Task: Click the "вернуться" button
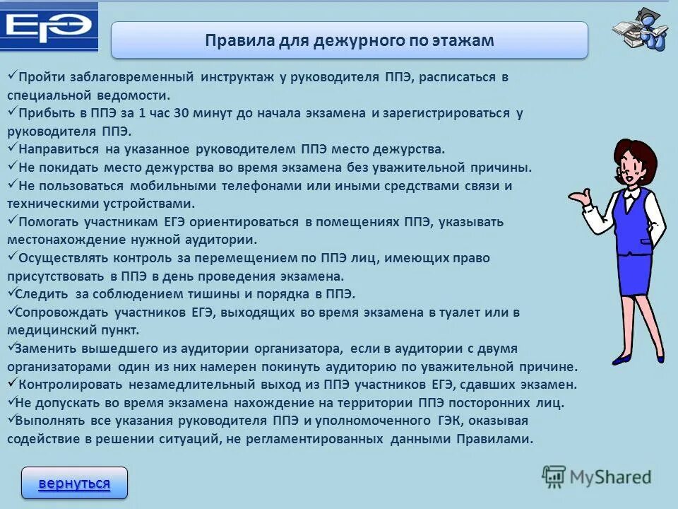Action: [x=74, y=484]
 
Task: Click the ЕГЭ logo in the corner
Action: [x=48, y=27]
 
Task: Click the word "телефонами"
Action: [x=262, y=186]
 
